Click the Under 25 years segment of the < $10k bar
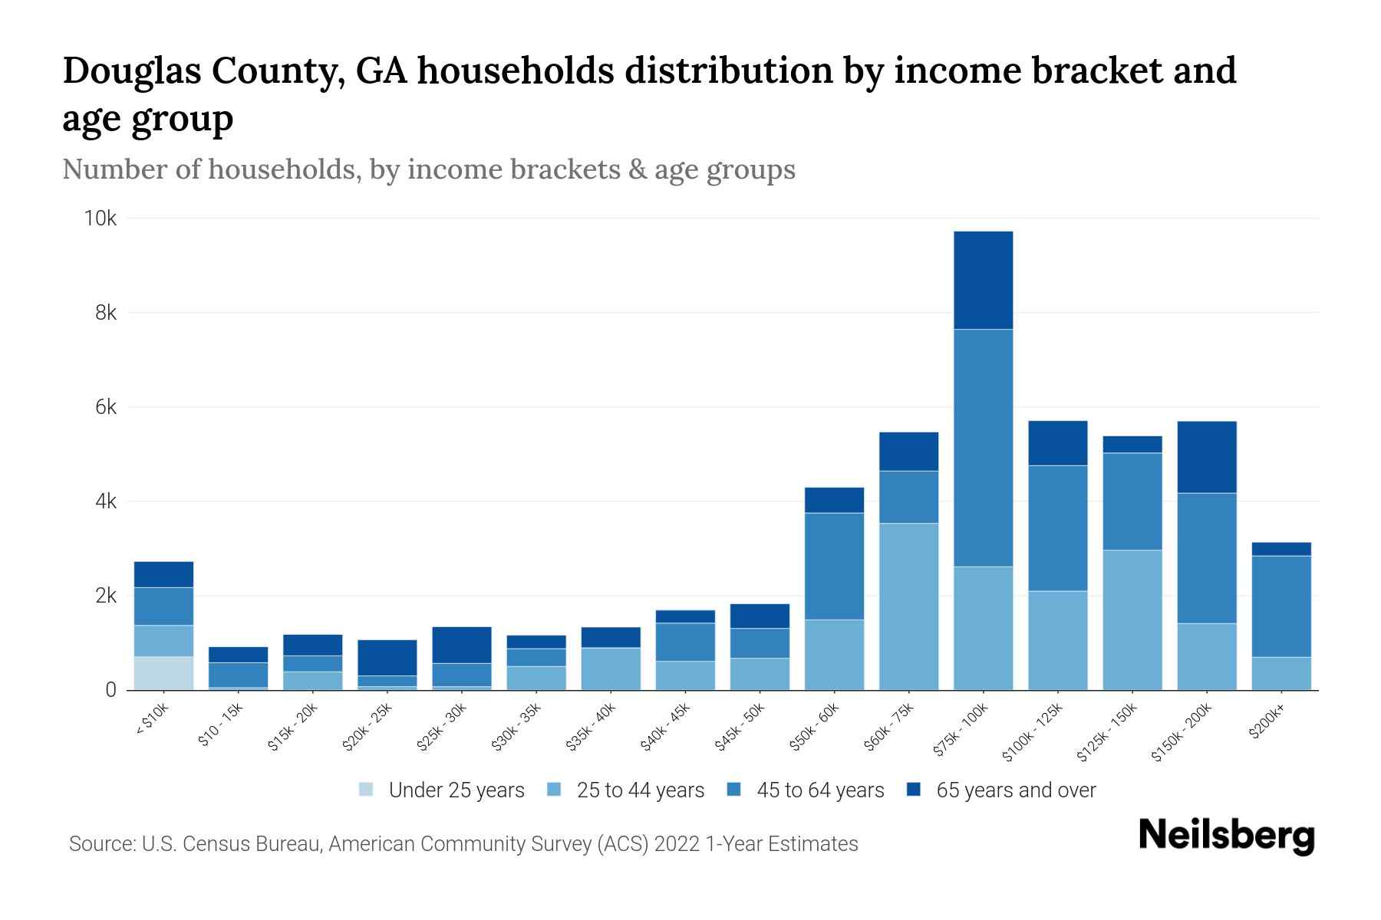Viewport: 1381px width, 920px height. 163,673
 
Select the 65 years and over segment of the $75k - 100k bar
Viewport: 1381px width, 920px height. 983,280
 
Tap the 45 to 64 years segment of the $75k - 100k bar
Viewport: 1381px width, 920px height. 983,448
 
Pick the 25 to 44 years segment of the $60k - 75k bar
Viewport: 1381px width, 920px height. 908,606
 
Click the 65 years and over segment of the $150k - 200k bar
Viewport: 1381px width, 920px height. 1206,457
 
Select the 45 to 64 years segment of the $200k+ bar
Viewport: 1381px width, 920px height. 1280,606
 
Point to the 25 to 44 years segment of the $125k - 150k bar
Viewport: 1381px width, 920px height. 1132,619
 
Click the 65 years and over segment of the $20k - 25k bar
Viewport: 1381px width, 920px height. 387,658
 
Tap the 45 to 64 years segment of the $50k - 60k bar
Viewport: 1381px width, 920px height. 834,566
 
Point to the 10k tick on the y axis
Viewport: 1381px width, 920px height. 100,219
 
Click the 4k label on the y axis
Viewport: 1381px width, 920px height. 106,501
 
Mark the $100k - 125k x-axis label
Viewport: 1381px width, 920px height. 1033,733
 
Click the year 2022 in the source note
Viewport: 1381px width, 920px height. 677,844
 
